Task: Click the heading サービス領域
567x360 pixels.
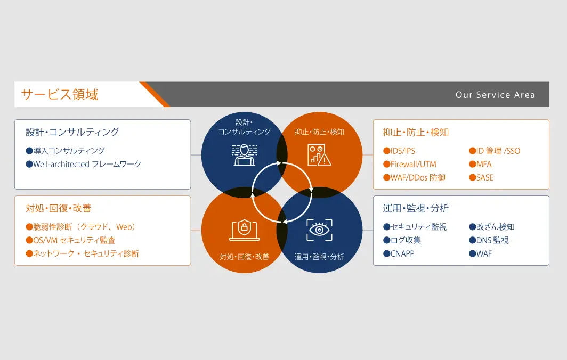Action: [x=60, y=94]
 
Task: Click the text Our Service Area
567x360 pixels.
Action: [x=495, y=95]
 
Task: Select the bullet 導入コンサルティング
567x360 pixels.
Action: [x=66, y=151]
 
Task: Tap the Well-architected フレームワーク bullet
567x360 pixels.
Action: [x=84, y=164]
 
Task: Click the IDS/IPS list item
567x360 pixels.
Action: [x=399, y=151]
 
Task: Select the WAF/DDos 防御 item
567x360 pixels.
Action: [x=414, y=177]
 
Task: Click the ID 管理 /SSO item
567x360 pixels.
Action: [x=495, y=151]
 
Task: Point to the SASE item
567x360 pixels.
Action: [x=481, y=177]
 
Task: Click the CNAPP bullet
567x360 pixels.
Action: [x=399, y=253]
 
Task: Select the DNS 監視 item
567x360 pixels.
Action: [x=489, y=240]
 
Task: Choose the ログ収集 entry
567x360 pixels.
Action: [x=402, y=240]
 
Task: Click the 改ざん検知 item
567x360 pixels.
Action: [x=491, y=227]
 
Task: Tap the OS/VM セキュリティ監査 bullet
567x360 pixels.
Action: [x=70, y=240]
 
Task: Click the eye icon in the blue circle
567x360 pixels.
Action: [x=319, y=230]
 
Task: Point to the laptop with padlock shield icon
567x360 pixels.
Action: [x=245, y=230]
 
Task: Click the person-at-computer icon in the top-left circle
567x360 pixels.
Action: [x=245, y=154]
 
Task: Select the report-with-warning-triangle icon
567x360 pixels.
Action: [x=319, y=154]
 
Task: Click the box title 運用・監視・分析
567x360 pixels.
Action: [x=416, y=208]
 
